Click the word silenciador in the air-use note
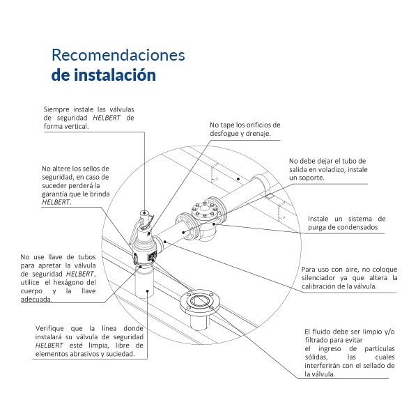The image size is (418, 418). [325, 278]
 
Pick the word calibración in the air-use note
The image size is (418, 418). [331, 286]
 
